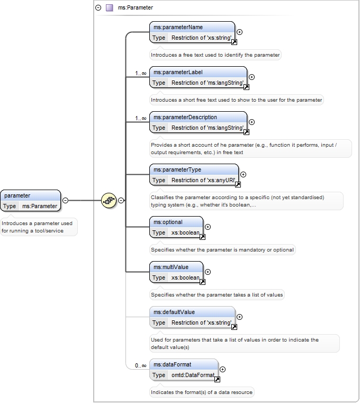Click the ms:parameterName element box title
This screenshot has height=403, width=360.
pos(178,27)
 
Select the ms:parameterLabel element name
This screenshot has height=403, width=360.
pos(178,72)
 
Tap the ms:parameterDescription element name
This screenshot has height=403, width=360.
pos(185,117)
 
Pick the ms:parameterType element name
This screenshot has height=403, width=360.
pos(177,169)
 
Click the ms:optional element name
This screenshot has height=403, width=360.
pos(168,222)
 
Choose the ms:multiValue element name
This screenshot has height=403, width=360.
pos(171,267)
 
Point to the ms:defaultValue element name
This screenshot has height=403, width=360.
pos(174,312)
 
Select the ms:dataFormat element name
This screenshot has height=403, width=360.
pos(173,364)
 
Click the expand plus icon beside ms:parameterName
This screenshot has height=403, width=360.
pos(239,32)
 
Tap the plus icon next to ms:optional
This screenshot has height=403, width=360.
pos(208,227)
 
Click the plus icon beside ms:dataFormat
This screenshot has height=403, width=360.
pos(222,369)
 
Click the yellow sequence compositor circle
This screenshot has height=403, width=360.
pos(109,200)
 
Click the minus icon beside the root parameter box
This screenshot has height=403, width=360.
pos(66,201)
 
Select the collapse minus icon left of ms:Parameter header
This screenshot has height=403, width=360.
pos(98,8)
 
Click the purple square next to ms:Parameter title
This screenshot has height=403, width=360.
pos(110,8)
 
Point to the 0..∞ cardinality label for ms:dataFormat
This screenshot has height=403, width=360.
pos(140,365)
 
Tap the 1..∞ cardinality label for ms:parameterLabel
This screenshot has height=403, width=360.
pos(140,73)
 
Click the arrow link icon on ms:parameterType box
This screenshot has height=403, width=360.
pos(238,184)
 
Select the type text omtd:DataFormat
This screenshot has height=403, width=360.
pos(193,375)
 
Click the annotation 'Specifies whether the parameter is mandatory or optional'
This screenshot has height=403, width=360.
pos(222,250)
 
